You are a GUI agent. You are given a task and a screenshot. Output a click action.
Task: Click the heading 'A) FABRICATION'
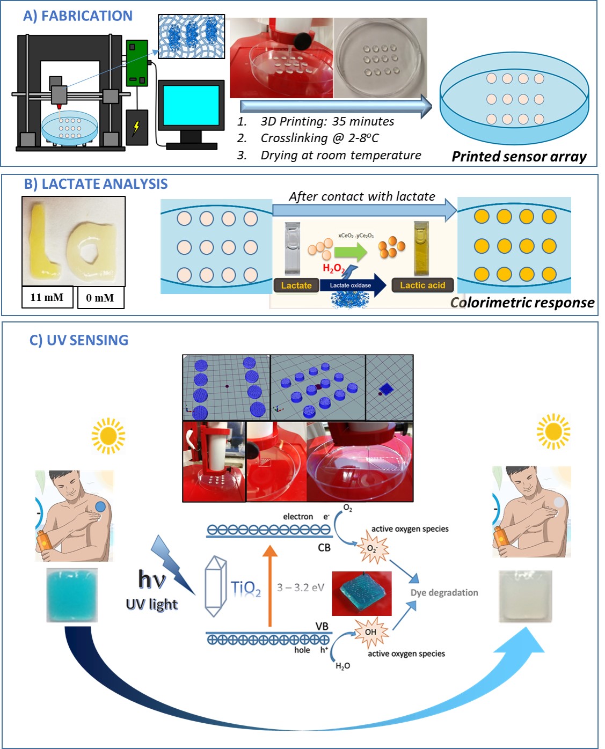point(78,16)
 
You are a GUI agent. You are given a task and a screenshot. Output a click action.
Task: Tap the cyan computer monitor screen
point(191,105)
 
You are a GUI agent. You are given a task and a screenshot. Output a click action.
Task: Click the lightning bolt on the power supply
point(136,128)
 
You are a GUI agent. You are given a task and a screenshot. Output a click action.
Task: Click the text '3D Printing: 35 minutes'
point(327,122)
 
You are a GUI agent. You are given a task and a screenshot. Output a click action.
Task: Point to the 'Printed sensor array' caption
point(519,157)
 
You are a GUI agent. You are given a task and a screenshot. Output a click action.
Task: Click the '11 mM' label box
point(47,297)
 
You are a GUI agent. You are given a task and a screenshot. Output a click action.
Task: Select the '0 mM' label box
point(100,298)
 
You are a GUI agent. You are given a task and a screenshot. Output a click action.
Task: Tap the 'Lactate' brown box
point(296,285)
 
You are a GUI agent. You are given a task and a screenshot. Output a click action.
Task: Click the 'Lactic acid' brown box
point(422,285)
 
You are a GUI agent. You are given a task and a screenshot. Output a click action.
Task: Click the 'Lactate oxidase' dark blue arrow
point(353,285)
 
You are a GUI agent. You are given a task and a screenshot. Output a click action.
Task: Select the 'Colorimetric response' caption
point(522,303)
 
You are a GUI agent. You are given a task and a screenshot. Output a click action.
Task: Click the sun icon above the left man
point(108,436)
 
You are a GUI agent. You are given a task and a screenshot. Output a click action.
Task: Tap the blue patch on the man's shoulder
point(100,506)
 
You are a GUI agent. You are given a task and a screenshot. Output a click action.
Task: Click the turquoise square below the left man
point(72,595)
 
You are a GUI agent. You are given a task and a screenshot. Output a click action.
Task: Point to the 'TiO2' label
point(246,589)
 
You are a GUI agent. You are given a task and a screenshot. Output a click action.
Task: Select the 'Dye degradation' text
point(444,593)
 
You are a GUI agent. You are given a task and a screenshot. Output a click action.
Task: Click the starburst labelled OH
point(371,632)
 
